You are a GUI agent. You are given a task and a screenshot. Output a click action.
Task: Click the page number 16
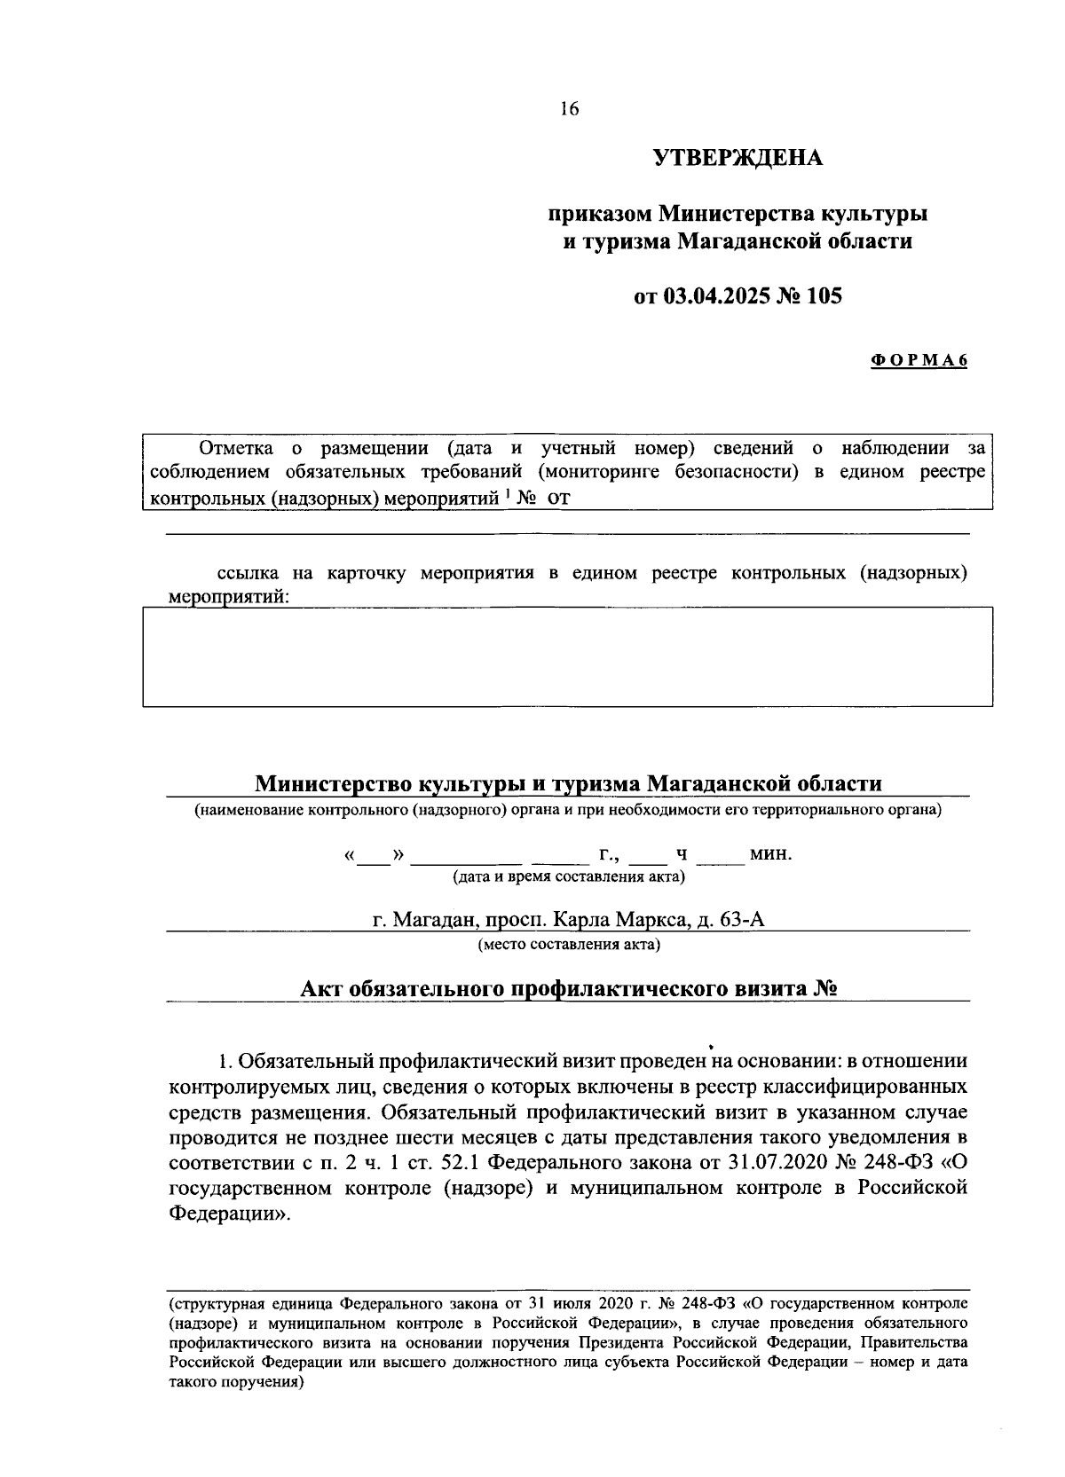569,109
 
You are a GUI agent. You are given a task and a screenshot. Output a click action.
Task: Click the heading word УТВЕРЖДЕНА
738,159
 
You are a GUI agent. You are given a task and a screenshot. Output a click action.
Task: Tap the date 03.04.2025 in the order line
714,296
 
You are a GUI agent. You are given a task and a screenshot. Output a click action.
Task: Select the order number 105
824,296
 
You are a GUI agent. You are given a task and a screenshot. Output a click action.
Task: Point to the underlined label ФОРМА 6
918,360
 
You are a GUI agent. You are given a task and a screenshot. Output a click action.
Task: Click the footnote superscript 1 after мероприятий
507,494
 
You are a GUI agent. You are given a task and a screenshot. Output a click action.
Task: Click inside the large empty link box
568,656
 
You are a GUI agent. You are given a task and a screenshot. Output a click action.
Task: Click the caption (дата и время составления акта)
569,877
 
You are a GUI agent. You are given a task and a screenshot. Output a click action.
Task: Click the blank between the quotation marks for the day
373,856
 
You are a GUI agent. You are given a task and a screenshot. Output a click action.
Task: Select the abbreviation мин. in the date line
770,855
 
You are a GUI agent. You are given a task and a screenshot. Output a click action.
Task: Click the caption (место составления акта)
569,944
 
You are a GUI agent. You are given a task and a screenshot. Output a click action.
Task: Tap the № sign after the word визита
825,989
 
